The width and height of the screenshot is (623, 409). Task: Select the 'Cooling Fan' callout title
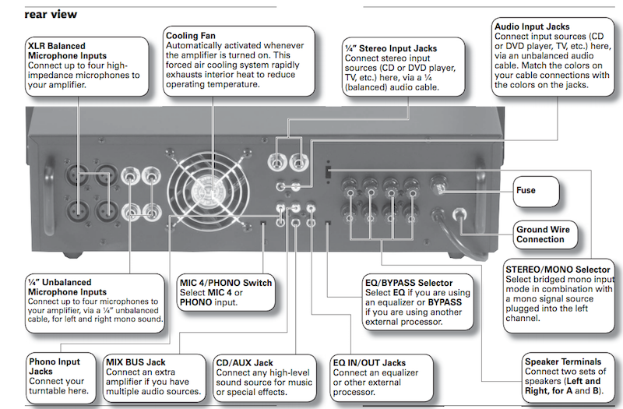(x=192, y=36)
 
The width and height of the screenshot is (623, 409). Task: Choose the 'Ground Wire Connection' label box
(x=542, y=234)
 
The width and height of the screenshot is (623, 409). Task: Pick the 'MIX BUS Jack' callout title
(x=135, y=362)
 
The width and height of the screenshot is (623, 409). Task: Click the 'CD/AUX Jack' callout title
(x=247, y=362)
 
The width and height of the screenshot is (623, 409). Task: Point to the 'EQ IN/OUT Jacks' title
(x=369, y=362)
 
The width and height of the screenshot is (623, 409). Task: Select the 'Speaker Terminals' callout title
(x=563, y=361)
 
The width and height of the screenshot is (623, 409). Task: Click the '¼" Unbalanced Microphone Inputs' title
(x=59, y=287)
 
